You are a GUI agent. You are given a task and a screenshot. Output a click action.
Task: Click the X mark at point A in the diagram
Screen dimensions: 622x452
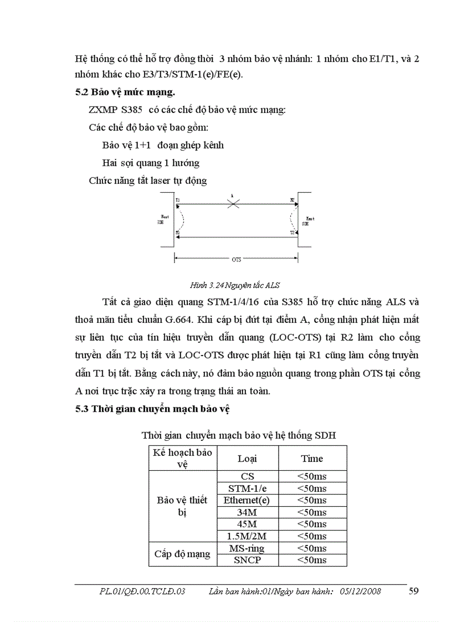[234, 204]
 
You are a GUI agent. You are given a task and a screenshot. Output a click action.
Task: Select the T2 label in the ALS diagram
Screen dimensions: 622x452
[292, 233]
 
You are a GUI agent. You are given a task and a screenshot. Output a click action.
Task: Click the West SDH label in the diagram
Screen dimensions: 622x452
[163, 219]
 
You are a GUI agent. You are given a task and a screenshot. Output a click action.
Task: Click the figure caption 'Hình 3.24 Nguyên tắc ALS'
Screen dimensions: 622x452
[235, 285]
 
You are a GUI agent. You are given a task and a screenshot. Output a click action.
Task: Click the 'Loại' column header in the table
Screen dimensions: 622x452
[247, 459]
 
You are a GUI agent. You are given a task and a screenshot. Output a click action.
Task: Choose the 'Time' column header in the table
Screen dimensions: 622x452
[312, 459]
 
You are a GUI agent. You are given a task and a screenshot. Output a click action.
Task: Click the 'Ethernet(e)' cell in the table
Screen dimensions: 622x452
[246, 500]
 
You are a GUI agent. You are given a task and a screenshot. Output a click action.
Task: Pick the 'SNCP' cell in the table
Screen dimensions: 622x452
[246, 560]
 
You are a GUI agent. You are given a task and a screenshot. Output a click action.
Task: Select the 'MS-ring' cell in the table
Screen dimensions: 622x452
[246, 548]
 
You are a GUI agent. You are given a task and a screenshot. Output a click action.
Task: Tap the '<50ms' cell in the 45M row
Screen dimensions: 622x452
[312, 524]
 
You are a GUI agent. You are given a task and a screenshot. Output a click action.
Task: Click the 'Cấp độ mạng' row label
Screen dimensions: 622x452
[182, 554]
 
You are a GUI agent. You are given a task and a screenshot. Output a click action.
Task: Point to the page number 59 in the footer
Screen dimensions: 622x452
[413, 591]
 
